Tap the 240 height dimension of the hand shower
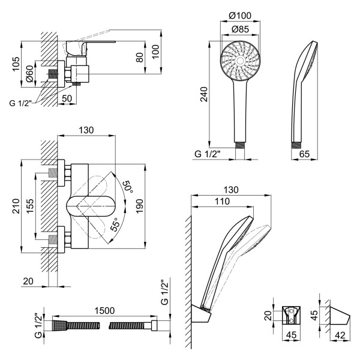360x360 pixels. [205, 94]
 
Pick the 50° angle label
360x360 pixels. [127, 186]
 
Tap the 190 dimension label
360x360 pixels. [139, 204]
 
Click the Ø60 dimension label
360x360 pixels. [29, 74]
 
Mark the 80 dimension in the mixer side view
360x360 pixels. [139, 58]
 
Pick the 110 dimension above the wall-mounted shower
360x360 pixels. [222, 202]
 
